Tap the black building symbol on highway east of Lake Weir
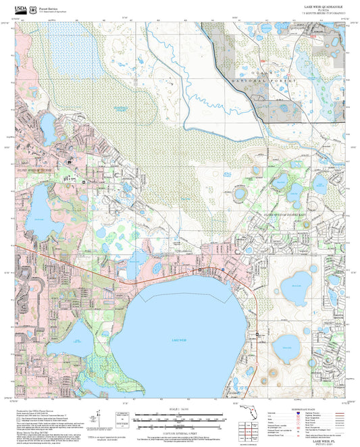[257, 334]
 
